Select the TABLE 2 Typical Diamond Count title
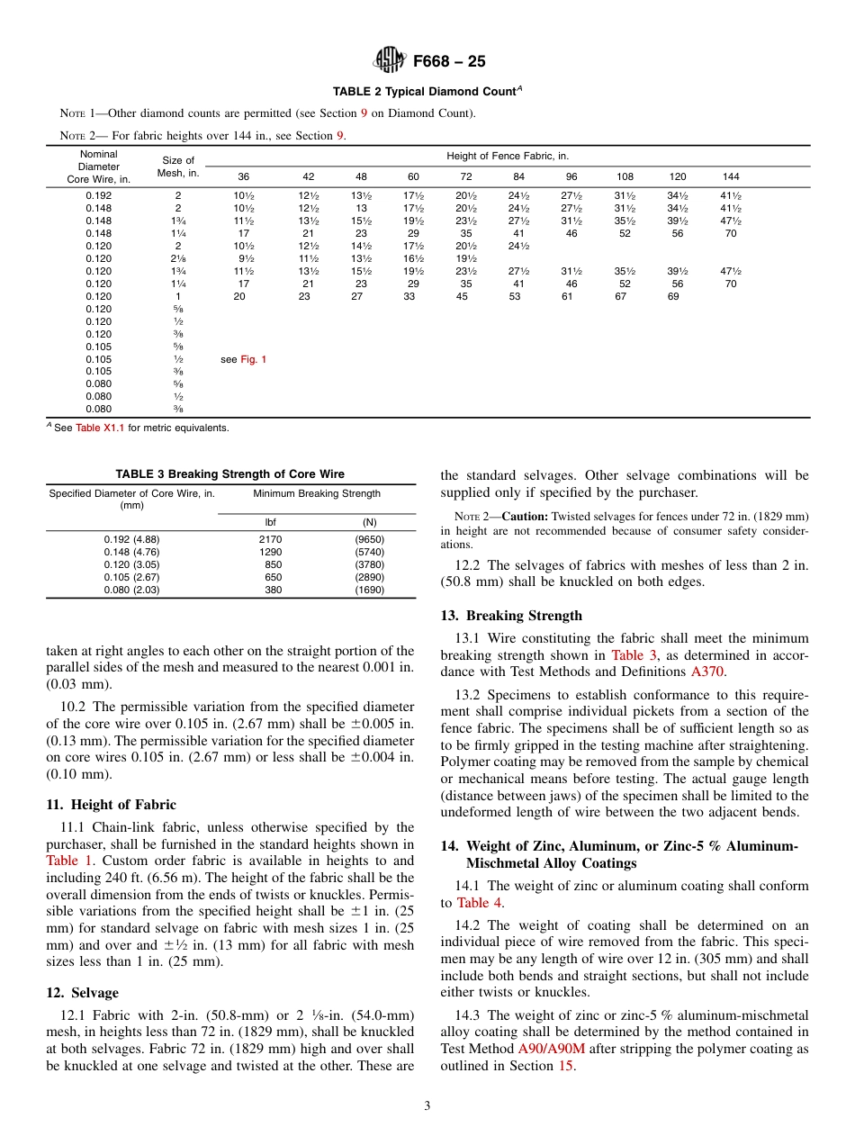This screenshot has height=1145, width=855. pos(427,92)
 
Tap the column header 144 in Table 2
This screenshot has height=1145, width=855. pos(730,176)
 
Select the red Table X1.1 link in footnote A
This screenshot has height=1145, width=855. pos(100,428)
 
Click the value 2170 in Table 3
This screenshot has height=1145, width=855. pos(270,540)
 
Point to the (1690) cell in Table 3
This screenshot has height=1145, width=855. pos(369,591)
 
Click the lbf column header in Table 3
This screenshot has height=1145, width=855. pos(270,522)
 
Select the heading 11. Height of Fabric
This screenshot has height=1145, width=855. pos(111,805)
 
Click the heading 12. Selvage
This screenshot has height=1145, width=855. pos(82,993)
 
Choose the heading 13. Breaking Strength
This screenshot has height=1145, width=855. pos(510,616)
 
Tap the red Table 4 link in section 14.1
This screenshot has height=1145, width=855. pos(473,903)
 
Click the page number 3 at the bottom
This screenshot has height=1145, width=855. pos(427,1106)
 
